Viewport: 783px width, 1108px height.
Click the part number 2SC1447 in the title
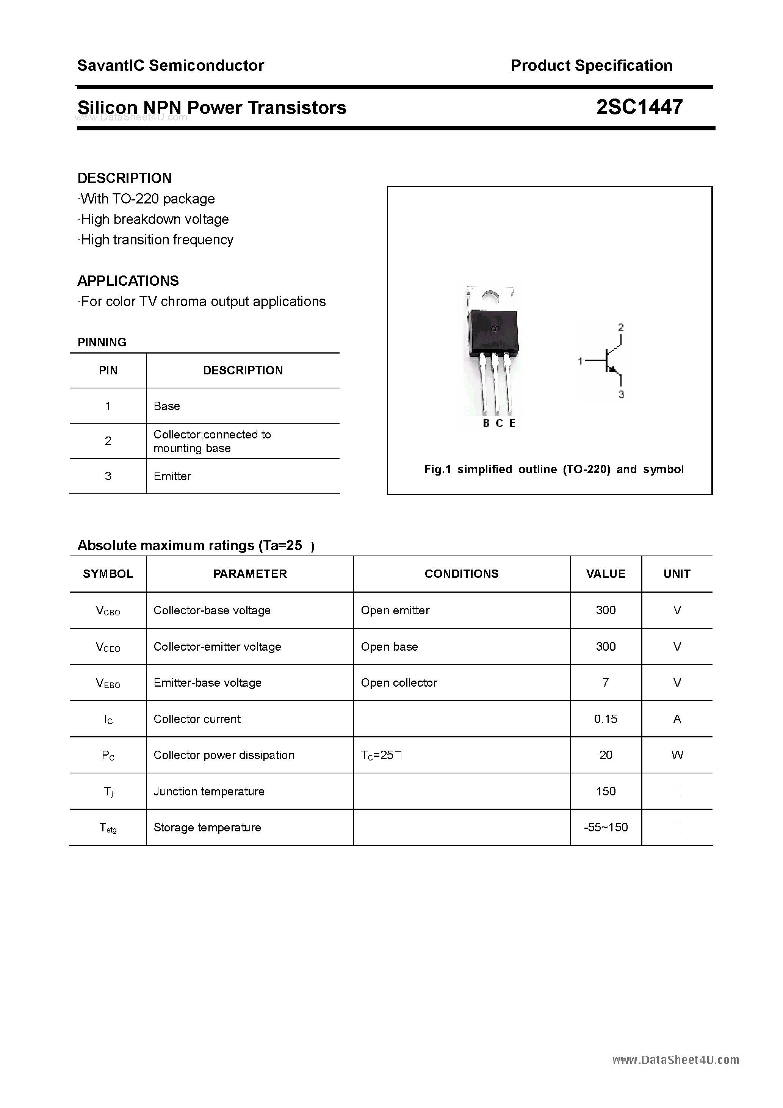tap(639, 107)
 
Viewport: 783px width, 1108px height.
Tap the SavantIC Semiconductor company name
tap(171, 66)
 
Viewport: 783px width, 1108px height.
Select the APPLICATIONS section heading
tap(128, 281)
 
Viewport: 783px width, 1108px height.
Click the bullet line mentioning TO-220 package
tap(147, 199)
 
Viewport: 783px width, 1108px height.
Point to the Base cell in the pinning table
tap(166, 406)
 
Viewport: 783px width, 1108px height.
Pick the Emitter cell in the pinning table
tap(172, 476)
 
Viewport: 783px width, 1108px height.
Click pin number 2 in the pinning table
tap(108, 441)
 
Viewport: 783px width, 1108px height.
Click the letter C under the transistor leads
tap(500, 423)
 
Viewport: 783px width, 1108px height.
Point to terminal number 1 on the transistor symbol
tap(580, 360)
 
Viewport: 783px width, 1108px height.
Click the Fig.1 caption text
tap(554, 469)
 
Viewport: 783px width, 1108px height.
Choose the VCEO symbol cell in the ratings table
tap(108, 647)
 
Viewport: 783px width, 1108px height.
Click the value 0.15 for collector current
tap(605, 719)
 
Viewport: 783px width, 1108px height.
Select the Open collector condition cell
tap(399, 683)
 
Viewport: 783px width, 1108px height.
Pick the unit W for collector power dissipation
tap(677, 755)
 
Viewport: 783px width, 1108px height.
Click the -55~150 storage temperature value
tap(605, 827)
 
